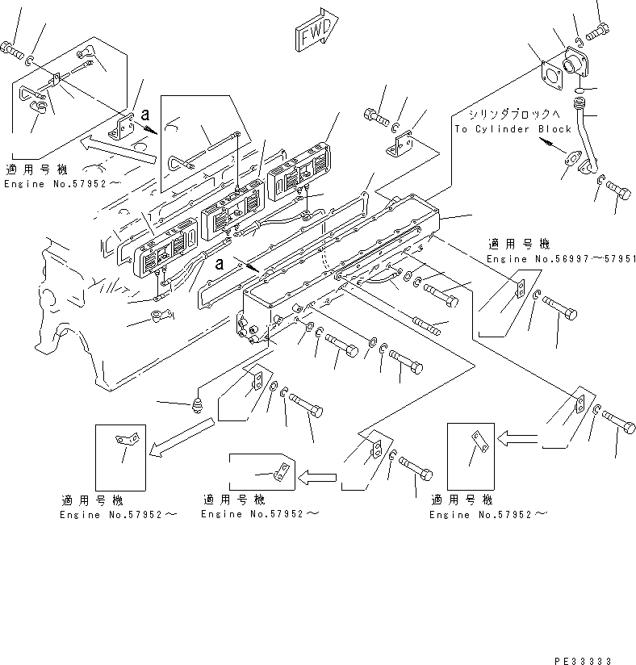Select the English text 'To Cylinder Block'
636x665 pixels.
[512, 129]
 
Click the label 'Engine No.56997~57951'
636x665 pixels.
[562, 258]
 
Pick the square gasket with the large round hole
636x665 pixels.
[552, 75]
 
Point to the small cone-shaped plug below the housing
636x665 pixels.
[198, 400]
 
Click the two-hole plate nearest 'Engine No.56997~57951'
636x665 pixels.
[521, 287]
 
